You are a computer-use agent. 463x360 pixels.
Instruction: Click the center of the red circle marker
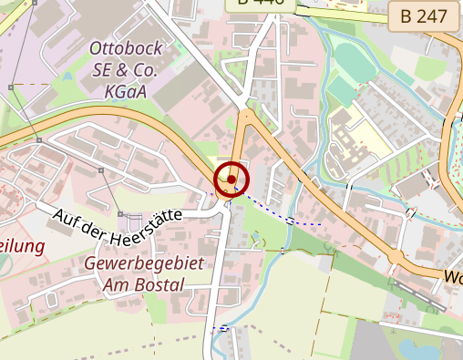[x=231, y=179]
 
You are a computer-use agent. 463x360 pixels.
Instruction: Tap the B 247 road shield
[x=423, y=15]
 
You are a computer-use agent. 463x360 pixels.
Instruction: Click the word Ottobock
[x=124, y=48]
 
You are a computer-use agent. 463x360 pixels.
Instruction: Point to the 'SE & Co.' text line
[x=126, y=69]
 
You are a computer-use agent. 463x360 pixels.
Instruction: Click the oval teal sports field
[x=353, y=60]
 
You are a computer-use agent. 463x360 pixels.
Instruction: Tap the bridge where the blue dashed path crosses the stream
[x=293, y=220]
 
